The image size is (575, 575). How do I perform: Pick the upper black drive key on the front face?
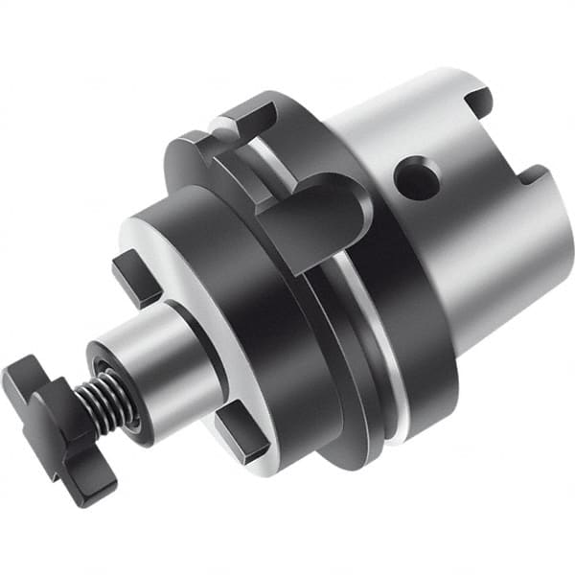(134, 278)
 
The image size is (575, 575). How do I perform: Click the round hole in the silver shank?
(418, 178)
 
